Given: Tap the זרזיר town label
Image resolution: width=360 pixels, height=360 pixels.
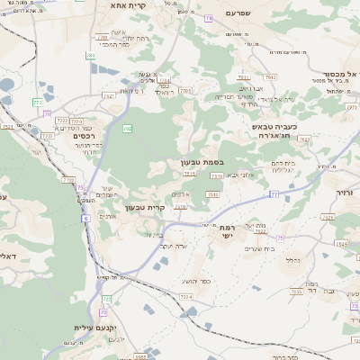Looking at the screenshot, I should click(x=348, y=193).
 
